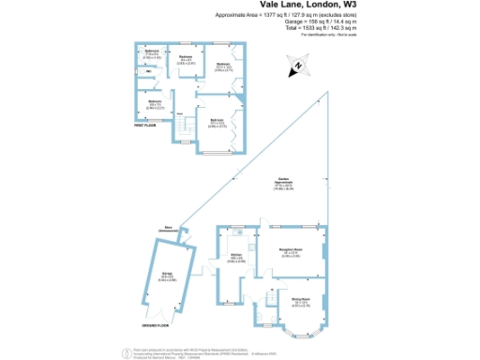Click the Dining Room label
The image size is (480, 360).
(299, 303)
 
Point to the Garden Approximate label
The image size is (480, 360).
(283, 185)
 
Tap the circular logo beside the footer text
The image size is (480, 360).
(127, 352)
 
